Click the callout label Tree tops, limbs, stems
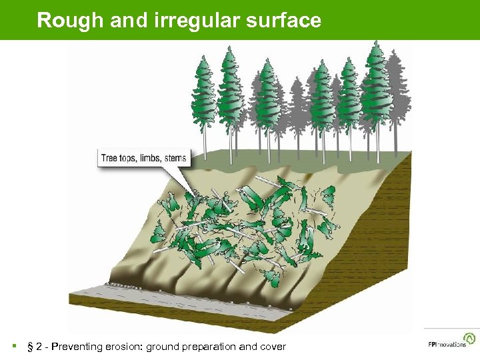[x=144, y=159]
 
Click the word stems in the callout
[x=176, y=159]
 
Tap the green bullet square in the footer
[x=13, y=347]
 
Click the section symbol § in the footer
[x=30, y=347]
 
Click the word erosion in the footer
[x=123, y=347]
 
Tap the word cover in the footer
[x=272, y=347]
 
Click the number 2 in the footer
[x=38, y=347]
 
